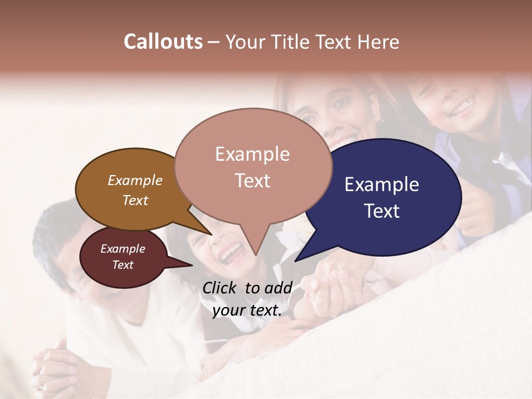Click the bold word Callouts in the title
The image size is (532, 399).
coord(163,42)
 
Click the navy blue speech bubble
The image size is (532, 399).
coord(410,222)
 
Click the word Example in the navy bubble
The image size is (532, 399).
coord(382,185)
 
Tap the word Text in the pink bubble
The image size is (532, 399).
coord(252,181)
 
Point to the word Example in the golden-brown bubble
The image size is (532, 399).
coord(135,180)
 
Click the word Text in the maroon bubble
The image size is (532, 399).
coord(122,265)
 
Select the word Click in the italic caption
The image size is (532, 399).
coord(221,288)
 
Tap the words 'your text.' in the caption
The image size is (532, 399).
coord(247,311)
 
